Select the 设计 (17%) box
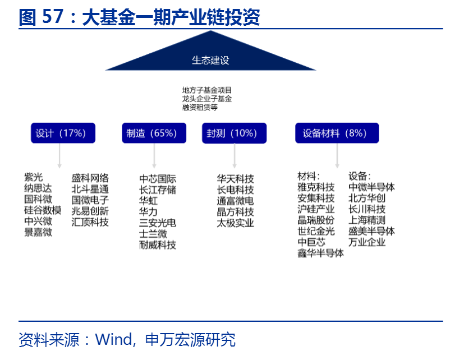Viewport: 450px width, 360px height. [63, 133]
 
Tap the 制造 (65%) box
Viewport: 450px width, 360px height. [154, 133]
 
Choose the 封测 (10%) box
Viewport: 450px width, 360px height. [234, 133]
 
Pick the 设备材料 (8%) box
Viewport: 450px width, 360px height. [337, 133]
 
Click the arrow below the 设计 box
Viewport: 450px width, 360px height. [59, 156]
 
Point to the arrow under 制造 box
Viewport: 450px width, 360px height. [154, 156]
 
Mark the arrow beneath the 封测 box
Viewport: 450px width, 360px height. [235, 156]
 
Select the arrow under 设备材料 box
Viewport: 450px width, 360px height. [337, 156]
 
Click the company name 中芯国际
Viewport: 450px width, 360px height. [158, 179]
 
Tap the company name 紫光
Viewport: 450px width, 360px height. [34, 177]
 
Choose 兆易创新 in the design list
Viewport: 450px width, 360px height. [90, 211]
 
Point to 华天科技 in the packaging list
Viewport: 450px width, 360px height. [235, 179]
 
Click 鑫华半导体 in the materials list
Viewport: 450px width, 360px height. [320, 253]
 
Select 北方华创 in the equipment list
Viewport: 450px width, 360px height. [367, 198]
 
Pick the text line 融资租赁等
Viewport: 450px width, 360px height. [200, 107]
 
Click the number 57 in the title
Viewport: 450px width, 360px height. [53, 16]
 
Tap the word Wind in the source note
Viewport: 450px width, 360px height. [114, 339]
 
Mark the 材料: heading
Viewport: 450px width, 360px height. [309, 176]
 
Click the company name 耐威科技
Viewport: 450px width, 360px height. [158, 245]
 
